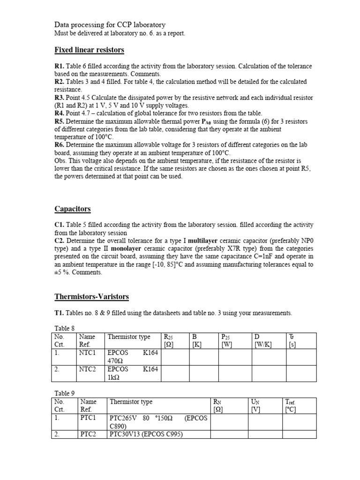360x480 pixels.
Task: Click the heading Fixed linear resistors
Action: (89, 50)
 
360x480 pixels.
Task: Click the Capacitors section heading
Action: (73, 209)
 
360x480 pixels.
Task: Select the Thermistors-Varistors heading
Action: (91, 297)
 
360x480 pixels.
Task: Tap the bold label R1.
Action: (60, 67)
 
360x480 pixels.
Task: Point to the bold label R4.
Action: (60, 113)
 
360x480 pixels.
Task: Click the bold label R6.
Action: (60, 144)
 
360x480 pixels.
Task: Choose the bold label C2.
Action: (60, 241)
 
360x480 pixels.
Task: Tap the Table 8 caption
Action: (65, 328)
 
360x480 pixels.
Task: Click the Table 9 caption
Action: (65, 393)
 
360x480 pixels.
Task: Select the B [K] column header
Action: (196, 341)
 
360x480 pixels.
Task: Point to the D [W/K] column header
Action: (262, 341)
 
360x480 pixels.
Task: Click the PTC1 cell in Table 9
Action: (88, 418)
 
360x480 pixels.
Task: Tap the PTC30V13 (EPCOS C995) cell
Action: (146, 435)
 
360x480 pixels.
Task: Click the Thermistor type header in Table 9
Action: (131, 402)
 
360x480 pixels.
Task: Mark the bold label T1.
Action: (60, 313)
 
